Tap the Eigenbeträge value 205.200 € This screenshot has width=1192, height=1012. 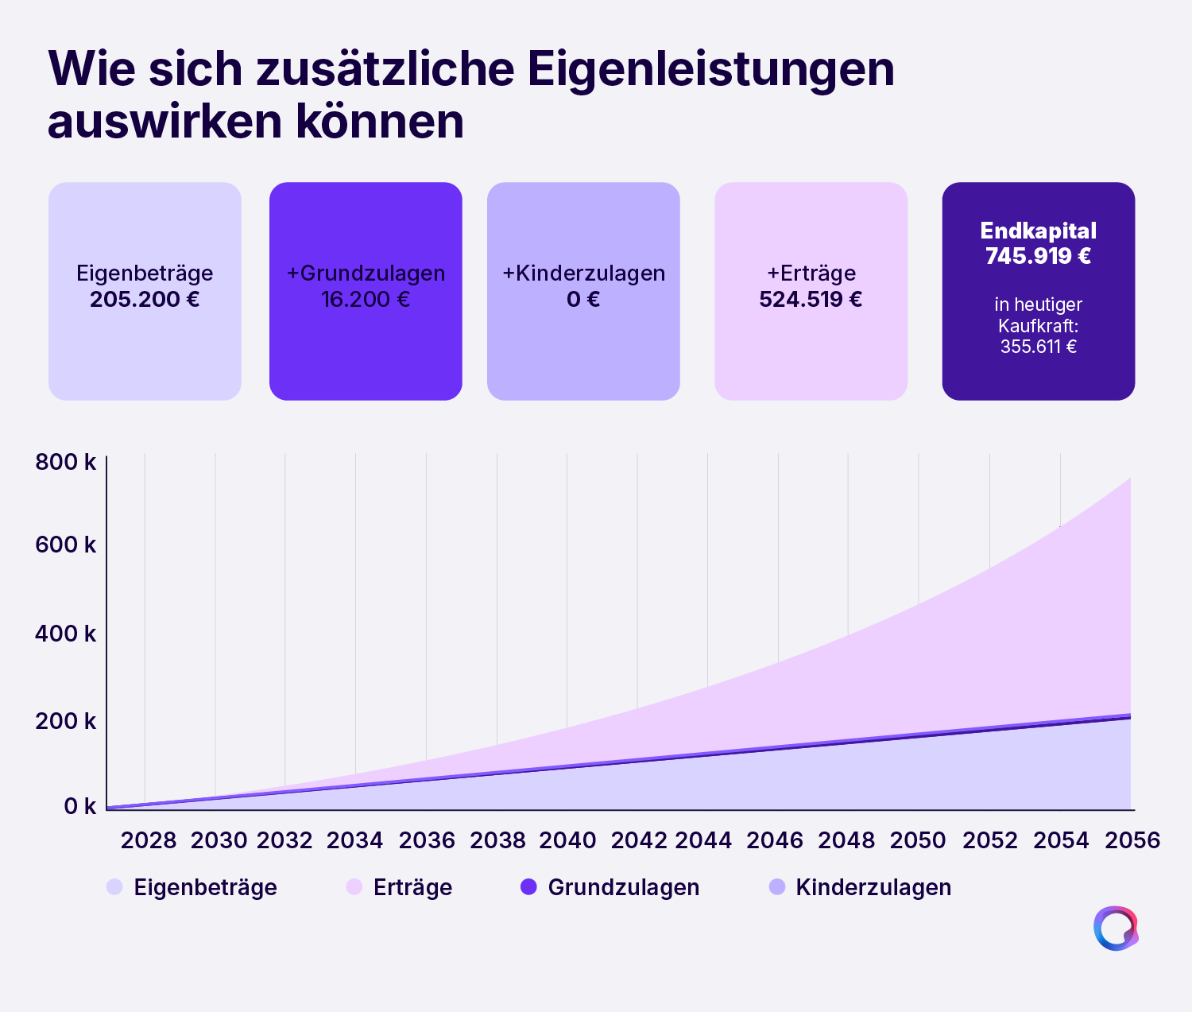(x=145, y=300)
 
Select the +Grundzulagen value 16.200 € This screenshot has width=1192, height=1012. (x=366, y=300)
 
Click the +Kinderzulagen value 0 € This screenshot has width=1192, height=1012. (x=583, y=300)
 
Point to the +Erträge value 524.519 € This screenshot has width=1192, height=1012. (x=811, y=300)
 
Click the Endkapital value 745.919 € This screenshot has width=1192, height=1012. (x=1038, y=256)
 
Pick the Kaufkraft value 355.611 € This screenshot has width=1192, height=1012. (x=1038, y=346)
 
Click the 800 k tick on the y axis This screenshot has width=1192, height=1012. (x=66, y=462)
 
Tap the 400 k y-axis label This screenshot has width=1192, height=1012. (x=66, y=634)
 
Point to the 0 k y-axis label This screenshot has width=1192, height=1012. (x=79, y=806)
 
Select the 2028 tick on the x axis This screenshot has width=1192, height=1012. (x=149, y=840)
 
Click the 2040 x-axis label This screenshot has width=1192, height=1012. (x=567, y=840)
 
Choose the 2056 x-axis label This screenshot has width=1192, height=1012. (x=1132, y=840)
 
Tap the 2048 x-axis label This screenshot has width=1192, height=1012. (x=846, y=840)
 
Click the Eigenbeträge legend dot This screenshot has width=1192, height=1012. (x=114, y=887)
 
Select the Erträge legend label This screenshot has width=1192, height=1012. (x=413, y=887)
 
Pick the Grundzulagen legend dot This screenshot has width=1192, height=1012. (x=528, y=887)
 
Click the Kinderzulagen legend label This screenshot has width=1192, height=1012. (x=873, y=887)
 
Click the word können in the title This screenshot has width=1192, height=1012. (x=380, y=122)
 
